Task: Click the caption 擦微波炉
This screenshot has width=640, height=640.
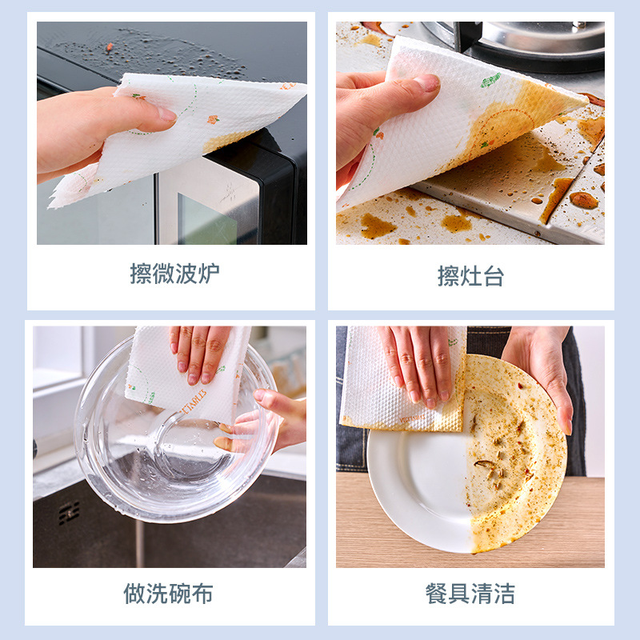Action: [174, 274]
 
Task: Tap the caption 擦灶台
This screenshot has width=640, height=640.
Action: [470, 276]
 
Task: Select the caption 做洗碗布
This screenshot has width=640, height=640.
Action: [168, 594]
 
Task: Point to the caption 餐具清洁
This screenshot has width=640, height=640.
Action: [470, 594]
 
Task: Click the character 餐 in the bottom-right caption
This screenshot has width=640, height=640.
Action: [436, 594]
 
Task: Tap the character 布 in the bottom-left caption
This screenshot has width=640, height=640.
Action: [202, 594]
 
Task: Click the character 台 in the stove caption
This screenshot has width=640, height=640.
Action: [494, 276]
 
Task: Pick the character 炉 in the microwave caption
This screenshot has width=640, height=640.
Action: [209, 274]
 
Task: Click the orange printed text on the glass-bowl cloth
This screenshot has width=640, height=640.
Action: [194, 402]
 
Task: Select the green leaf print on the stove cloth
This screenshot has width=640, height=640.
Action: [490, 79]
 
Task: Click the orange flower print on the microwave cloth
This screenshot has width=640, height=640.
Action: [213, 119]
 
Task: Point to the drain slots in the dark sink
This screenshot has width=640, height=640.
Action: [69, 513]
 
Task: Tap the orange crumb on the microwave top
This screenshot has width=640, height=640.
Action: [110, 47]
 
